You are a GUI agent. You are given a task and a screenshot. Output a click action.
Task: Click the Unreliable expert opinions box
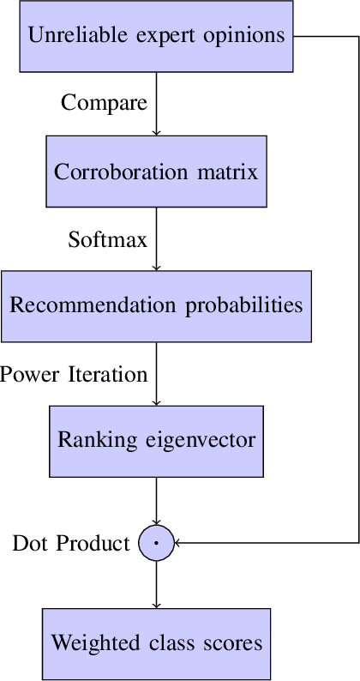(x=156, y=36)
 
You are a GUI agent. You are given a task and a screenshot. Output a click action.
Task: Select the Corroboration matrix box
(x=156, y=172)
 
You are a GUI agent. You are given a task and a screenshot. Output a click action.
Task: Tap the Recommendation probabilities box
(x=156, y=306)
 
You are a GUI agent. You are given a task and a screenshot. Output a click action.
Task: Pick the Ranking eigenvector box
(x=156, y=441)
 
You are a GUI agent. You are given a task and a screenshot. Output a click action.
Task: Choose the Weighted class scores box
(x=156, y=643)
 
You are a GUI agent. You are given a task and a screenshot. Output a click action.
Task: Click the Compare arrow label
(x=104, y=103)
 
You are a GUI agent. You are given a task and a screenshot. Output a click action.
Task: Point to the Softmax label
(x=108, y=238)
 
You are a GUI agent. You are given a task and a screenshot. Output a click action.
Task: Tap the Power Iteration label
(x=74, y=374)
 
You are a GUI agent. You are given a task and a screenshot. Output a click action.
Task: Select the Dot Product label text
(x=70, y=543)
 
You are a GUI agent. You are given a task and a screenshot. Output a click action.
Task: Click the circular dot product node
(x=156, y=543)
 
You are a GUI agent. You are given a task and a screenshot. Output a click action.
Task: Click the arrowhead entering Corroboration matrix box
(x=156, y=131)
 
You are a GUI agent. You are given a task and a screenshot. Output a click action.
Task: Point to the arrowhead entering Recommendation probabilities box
(x=156, y=267)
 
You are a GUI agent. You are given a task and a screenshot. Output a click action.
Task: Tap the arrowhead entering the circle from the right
(x=178, y=543)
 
